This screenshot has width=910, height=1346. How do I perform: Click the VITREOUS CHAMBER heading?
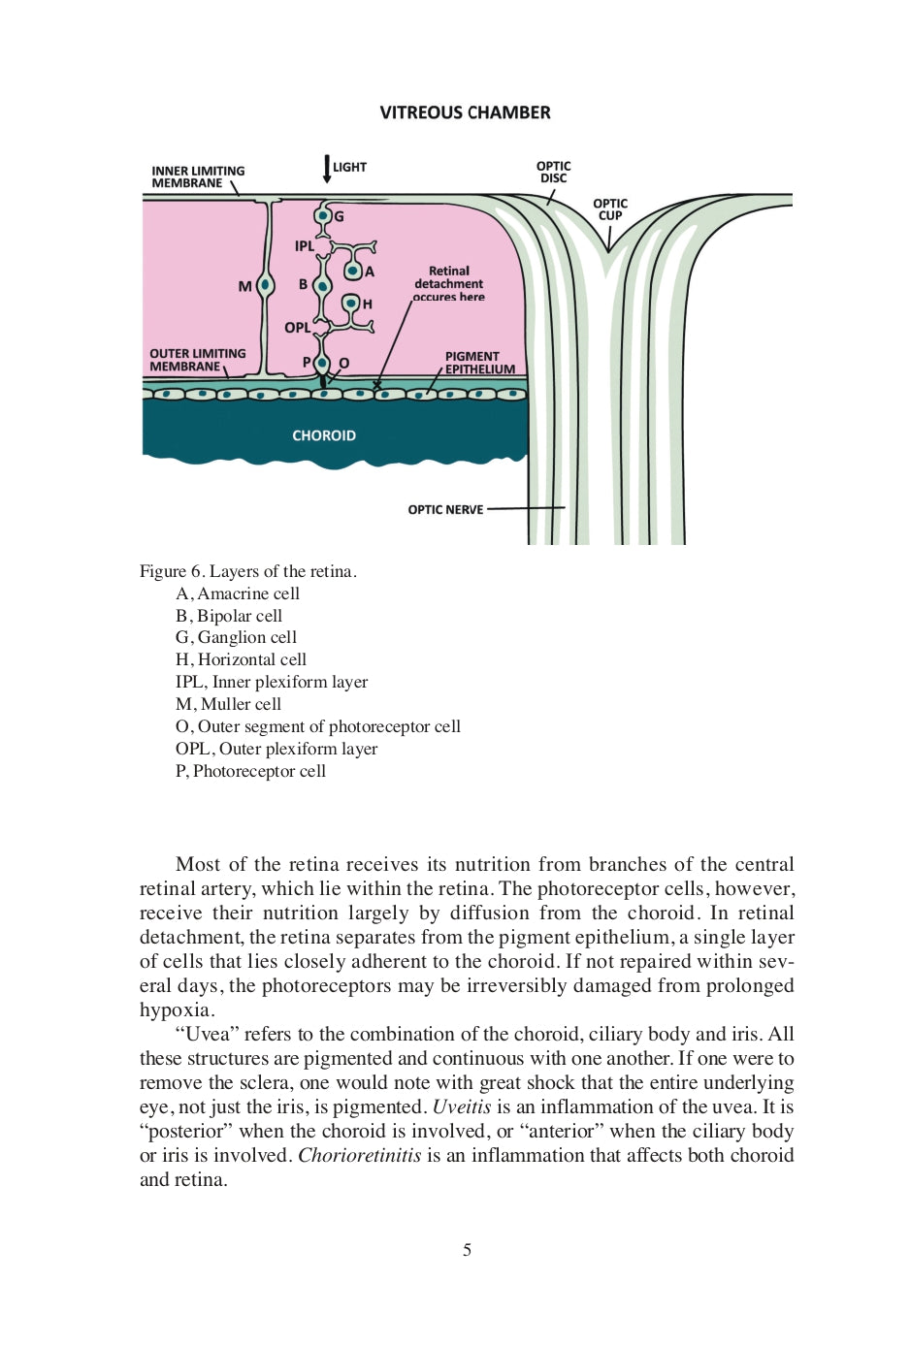click(x=465, y=112)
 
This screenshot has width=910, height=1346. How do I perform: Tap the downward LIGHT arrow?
click(x=327, y=169)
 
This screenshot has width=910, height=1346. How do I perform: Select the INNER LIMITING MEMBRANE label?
click(x=198, y=176)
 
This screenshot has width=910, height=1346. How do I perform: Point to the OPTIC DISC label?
click(x=553, y=172)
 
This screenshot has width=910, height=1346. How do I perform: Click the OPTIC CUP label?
click(x=610, y=209)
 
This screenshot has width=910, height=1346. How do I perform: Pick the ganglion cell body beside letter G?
click(x=323, y=215)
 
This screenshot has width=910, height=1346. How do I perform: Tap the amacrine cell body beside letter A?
click(x=353, y=270)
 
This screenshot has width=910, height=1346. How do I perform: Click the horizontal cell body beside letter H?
click(x=351, y=304)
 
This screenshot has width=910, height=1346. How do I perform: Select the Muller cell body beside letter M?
click(x=265, y=285)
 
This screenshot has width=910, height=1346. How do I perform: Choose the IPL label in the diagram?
click(x=305, y=246)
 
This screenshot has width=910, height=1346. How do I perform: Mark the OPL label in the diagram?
click(x=297, y=328)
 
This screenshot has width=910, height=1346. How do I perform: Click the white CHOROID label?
click(x=324, y=435)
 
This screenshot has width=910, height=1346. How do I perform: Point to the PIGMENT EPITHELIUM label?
click(x=480, y=363)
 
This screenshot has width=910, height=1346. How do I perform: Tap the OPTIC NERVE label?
click(x=445, y=509)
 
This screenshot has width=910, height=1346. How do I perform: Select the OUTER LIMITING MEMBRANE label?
click(x=197, y=360)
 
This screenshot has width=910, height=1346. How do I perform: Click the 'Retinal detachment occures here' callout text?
click(x=448, y=284)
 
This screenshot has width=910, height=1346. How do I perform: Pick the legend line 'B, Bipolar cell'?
click(x=229, y=616)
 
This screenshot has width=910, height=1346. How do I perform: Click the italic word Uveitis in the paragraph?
click(x=461, y=1106)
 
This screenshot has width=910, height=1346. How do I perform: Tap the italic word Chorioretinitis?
click(x=359, y=1155)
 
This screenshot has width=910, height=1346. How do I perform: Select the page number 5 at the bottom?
click(x=467, y=1250)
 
